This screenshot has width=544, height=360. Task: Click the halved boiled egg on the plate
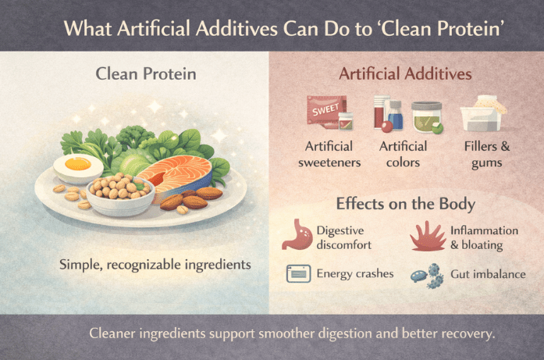point(79,166)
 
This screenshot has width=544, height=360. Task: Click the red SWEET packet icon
point(323,112)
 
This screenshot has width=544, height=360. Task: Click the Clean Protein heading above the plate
point(145,74)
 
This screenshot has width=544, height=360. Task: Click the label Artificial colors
point(403,153)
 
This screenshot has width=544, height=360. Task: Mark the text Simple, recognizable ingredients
point(155,264)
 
